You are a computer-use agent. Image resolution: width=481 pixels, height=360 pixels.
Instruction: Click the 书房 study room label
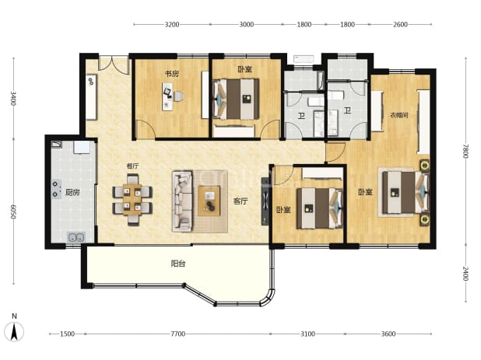(172, 74)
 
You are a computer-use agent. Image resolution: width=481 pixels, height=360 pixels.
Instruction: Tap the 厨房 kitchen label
(72, 193)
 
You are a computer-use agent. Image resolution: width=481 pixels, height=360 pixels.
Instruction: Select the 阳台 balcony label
(178, 264)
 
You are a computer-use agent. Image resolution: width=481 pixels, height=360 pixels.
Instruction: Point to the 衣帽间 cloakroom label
(399, 115)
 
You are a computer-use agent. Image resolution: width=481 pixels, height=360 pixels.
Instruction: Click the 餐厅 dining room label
(132, 166)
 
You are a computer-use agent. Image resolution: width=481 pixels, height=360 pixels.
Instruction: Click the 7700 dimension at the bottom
(178, 334)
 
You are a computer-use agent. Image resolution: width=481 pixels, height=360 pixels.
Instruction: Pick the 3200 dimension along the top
(172, 25)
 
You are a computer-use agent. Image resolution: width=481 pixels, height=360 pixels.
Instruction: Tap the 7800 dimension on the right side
(465, 151)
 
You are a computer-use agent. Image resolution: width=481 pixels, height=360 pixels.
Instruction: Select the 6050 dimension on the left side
(13, 211)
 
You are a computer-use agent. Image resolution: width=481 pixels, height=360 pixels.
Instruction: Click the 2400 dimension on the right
(465, 274)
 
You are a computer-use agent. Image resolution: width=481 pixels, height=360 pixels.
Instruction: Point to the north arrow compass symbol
(14, 330)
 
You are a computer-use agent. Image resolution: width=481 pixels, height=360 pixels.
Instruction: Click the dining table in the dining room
(132, 200)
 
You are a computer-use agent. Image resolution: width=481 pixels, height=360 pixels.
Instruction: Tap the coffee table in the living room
(209, 201)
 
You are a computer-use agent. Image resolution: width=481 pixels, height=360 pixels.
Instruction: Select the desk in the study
(167, 96)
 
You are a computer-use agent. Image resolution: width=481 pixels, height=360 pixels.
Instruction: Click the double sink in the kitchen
(76, 237)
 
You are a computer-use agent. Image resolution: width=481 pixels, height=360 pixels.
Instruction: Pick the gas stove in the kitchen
(55, 189)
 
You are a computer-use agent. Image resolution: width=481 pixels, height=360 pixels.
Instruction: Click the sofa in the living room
(182, 201)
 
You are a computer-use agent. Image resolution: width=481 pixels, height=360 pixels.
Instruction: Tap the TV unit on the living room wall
(265, 201)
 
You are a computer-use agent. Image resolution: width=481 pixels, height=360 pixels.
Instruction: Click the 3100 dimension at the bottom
(307, 334)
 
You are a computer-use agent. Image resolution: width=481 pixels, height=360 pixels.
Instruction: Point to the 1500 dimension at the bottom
(67, 334)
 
